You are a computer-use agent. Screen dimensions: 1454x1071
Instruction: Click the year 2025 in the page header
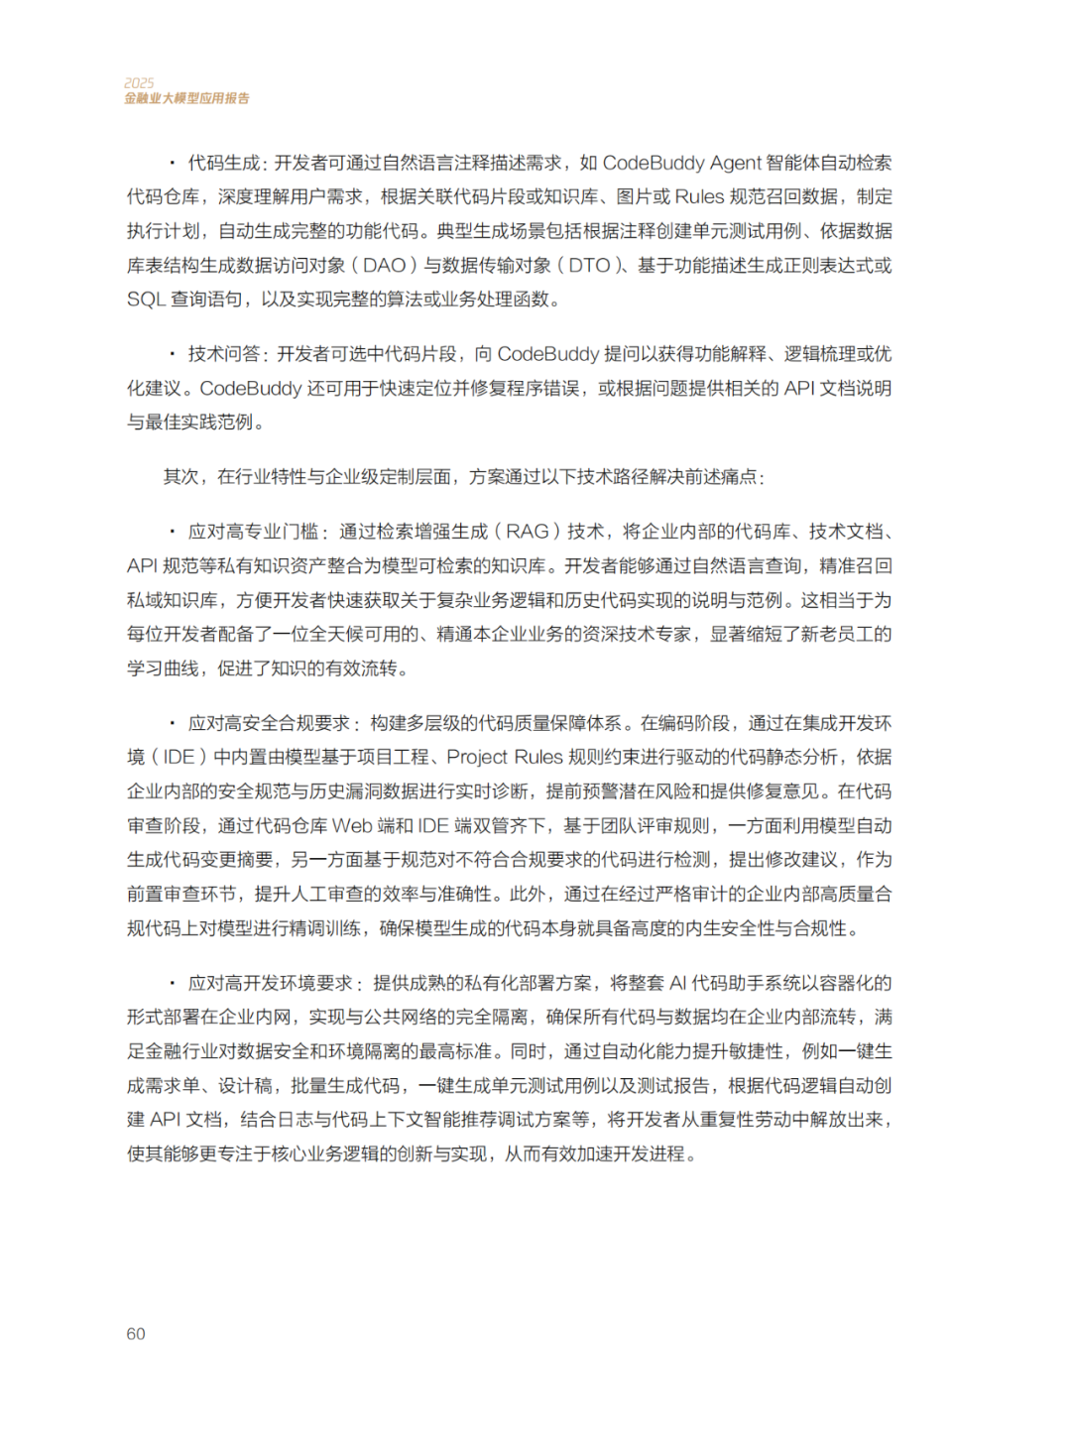click(x=139, y=83)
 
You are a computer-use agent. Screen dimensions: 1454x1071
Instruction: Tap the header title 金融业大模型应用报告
click(x=186, y=98)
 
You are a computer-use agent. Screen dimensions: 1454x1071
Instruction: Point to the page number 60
click(x=136, y=1334)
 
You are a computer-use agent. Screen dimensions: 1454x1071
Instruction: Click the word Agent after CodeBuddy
click(x=736, y=163)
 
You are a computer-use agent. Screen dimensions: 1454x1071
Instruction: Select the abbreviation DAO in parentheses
click(x=385, y=265)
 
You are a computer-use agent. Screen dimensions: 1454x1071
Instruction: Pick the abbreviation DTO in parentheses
click(x=589, y=265)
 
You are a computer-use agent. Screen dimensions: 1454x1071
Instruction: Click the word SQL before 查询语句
click(x=146, y=300)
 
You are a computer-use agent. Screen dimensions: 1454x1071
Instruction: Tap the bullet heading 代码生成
click(x=224, y=163)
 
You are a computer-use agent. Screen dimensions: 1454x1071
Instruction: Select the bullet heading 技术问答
click(x=225, y=354)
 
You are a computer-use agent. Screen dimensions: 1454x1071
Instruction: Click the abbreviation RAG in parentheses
click(x=528, y=532)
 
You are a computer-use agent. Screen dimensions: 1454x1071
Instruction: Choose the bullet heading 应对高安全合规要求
click(x=270, y=723)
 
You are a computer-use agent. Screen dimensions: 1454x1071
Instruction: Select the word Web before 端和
click(x=352, y=826)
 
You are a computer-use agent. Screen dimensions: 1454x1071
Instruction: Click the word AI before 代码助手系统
click(x=678, y=983)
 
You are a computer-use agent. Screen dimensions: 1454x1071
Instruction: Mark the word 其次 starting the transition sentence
click(x=181, y=477)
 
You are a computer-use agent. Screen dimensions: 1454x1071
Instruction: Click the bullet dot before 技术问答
click(x=172, y=354)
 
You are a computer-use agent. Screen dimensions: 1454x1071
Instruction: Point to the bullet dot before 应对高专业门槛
click(x=172, y=532)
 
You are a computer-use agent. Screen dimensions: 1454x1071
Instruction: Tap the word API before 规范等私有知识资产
click(x=143, y=566)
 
